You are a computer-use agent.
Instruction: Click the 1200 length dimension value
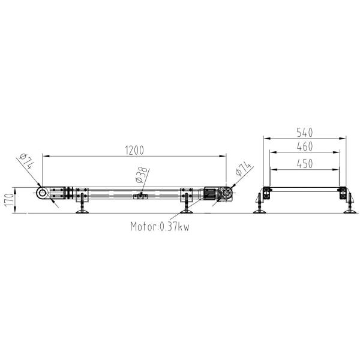pos(135,151)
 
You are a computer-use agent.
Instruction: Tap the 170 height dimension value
pos(9,200)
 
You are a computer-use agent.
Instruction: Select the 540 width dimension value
pos(305,133)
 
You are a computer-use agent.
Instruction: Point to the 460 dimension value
pos(305,146)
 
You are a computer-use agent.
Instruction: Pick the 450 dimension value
pos(305,164)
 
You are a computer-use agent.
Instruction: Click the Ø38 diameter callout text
pos(142,175)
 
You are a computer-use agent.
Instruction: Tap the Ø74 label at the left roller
pos(27,161)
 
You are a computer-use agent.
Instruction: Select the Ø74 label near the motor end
pos(242,169)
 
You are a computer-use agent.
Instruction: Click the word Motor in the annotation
pos(143,227)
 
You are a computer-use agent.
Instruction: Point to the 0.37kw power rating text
pos(175,227)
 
